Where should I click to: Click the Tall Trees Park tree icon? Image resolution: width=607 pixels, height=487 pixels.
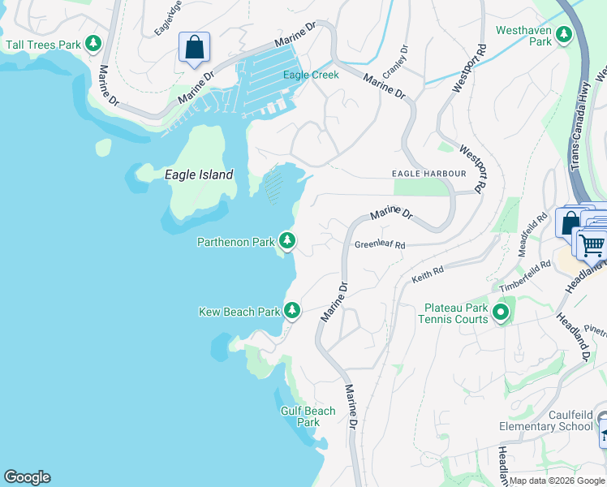pyautogui.click(x=95, y=44)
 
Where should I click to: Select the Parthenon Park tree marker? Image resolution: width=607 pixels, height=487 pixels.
pyautogui.click(x=286, y=241)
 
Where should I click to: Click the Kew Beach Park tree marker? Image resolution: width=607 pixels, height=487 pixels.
pyautogui.click(x=292, y=311)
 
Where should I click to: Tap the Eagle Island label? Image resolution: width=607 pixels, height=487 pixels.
pyautogui.click(x=199, y=175)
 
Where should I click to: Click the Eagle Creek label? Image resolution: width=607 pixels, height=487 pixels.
pyautogui.click(x=311, y=75)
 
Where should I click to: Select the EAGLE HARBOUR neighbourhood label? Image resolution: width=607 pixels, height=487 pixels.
pyautogui.click(x=428, y=174)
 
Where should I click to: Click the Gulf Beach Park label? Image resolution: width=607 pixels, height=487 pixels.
pyautogui.click(x=308, y=416)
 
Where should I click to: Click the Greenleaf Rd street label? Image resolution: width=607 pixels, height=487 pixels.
pyautogui.click(x=379, y=244)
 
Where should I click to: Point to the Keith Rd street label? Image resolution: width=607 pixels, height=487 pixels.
pyautogui.click(x=428, y=274)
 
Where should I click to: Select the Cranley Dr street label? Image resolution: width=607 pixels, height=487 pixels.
pyautogui.click(x=394, y=62)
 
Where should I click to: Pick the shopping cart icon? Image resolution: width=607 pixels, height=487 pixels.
pyautogui.click(x=592, y=243)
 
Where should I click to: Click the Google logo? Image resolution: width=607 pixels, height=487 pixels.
pyautogui.click(x=27, y=477)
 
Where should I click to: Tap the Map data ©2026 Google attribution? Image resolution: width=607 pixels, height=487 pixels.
pyautogui.click(x=557, y=481)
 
